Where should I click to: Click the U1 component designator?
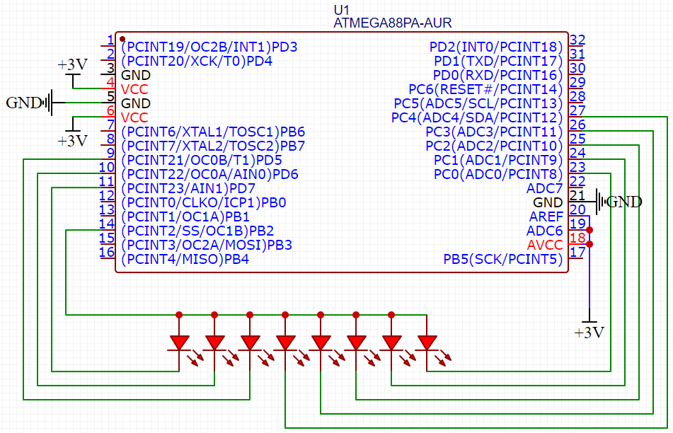point(342,10)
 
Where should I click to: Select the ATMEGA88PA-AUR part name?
point(392,23)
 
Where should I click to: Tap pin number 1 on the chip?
point(110,40)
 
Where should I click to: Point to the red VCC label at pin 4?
point(134,90)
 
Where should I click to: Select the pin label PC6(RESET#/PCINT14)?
point(485,90)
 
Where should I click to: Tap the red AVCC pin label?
point(545,246)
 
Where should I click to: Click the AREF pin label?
point(546,217)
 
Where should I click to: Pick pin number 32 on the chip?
point(577,40)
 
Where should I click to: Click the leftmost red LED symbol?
point(179,342)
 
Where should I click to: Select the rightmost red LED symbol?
point(427,342)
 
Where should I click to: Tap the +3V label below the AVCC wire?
point(589,333)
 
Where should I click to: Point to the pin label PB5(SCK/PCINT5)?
point(502,260)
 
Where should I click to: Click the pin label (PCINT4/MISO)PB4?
point(185,260)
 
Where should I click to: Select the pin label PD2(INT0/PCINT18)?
point(496,47)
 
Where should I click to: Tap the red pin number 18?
point(577,238)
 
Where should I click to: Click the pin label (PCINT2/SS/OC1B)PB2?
point(197,231)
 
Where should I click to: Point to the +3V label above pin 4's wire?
point(73,65)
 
